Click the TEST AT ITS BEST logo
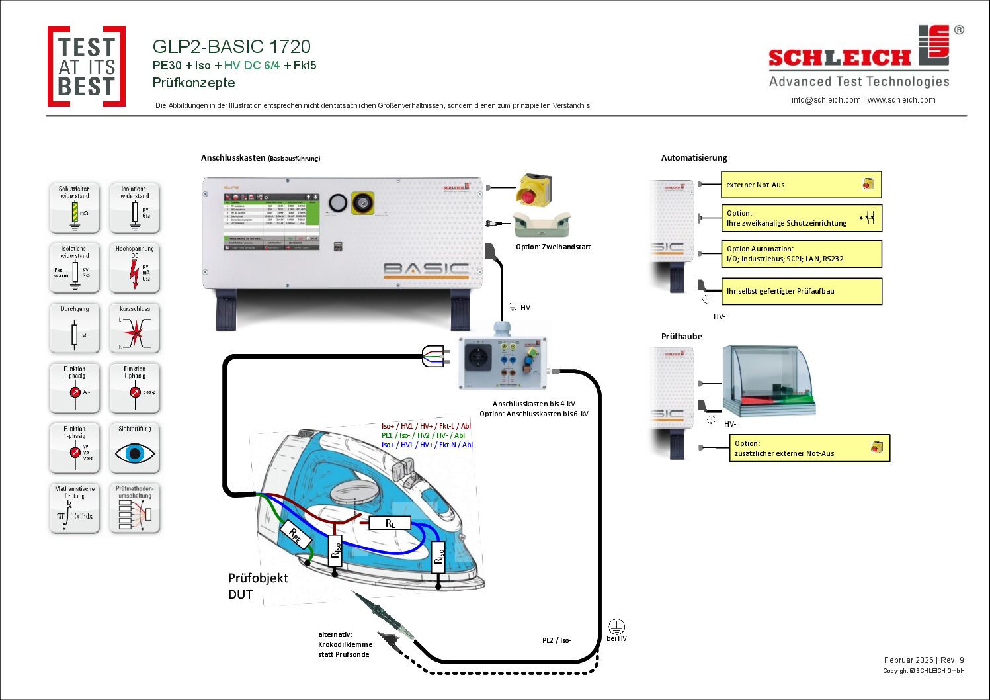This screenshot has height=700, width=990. [x=86, y=66]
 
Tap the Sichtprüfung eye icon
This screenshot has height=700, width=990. [x=135, y=449]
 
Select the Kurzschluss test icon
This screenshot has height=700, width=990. [x=135, y=329]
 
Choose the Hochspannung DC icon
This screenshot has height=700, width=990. [x=135, y=269]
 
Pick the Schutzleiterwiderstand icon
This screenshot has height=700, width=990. [x=75, y=208]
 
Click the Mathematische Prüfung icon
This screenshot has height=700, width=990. [x=75, y=509]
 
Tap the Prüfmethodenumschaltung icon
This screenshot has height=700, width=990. [x=135, y=509]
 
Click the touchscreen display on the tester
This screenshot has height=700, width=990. [x=271, y=221]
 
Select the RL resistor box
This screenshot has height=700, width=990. [x=390, y=523]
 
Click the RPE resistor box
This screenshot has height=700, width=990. [x=296, y=535]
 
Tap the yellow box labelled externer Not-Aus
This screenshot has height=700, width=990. [x=801, y=185]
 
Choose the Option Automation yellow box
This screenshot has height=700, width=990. [x=801, y=254]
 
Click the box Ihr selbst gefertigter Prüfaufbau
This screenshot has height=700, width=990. [x=801, y=291]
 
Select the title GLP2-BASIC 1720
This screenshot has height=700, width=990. [x=231, y=46]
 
